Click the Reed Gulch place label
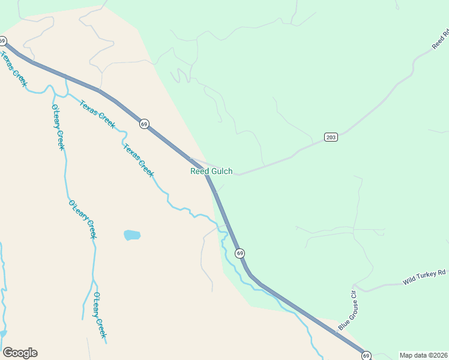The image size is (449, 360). (x=211, y=172)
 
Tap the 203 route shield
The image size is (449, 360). (x=331, y=137)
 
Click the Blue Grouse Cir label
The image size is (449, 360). (x=347, y=310)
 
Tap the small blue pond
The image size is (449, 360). (x=132, y=235)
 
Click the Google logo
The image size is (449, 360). (x=20, y=353)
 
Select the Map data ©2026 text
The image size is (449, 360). (x=424, y=355)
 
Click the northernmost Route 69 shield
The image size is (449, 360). (x=2, y=41)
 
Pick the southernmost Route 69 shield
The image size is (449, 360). (x=367, y=355)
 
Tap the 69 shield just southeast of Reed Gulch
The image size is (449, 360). (x=240, y=253)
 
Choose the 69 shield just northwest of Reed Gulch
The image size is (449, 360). (x=144, y=124)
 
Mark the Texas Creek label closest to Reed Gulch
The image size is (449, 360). (x=139, y=160)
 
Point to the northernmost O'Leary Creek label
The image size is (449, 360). (x=58, y=127)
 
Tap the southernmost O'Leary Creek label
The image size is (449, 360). (x=100, y=314)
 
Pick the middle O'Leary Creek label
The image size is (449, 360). (x=82, y=220)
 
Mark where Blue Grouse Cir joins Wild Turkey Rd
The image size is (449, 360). (x=355, y=286)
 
